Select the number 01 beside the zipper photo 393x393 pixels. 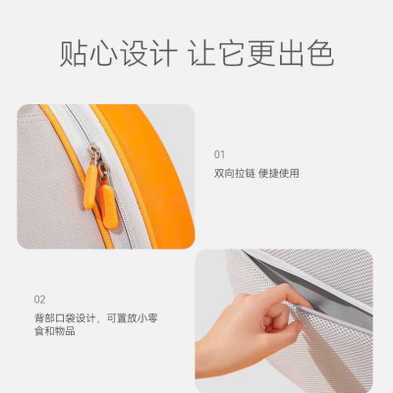(x=219, y=154)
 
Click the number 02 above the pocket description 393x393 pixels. (x=39, y=299)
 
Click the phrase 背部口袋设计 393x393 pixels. (x=57, y=317)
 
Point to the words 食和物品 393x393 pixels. (x=52, y=332)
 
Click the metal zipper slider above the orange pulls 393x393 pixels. (x=96, y=153)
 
